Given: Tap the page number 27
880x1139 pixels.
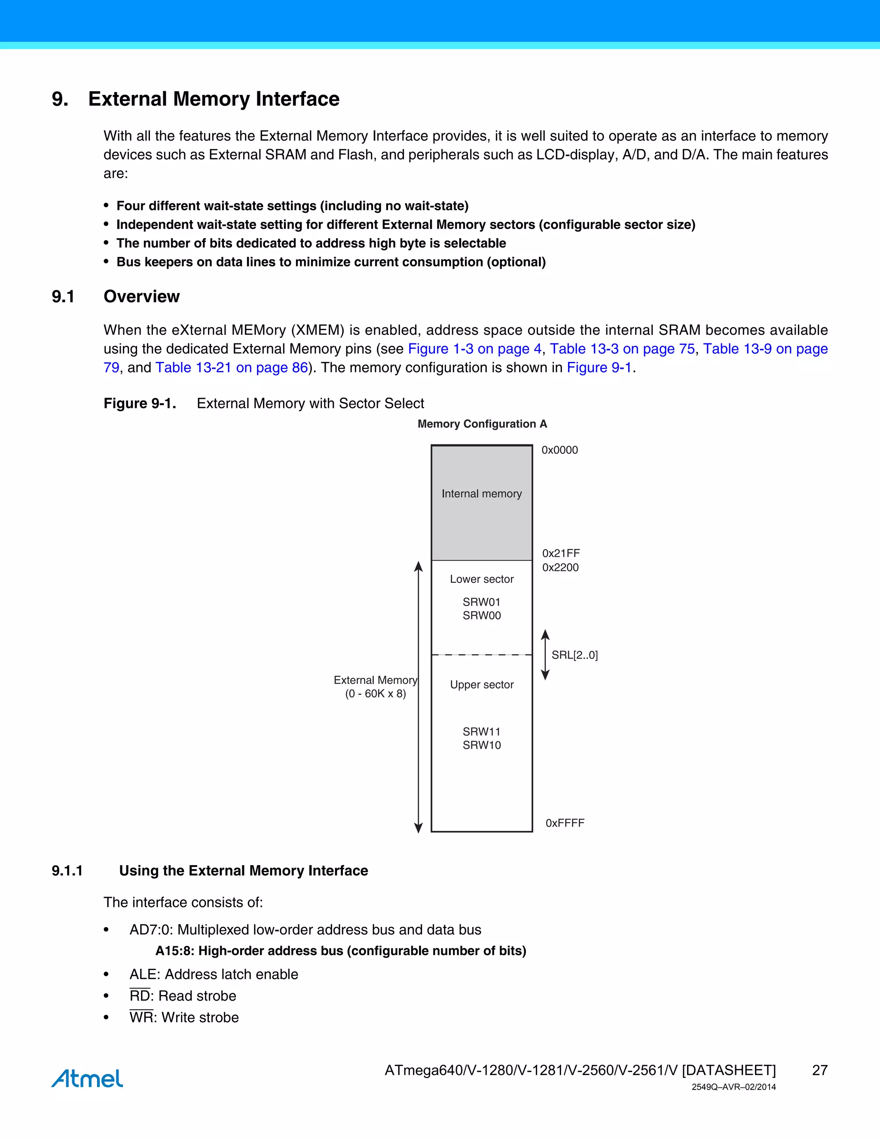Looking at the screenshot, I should point(819,1070).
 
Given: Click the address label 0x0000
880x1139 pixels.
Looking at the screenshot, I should point(559,450).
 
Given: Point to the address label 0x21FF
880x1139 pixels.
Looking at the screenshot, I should point(560,553).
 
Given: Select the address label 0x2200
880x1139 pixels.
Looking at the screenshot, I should point(560,567).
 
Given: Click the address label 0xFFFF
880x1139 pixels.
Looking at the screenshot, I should point(565,823).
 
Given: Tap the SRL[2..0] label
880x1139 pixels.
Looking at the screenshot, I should point(574,655).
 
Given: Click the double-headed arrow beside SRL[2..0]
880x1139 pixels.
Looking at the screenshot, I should point(545,655).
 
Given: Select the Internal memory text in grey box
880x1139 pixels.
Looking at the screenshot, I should point(481,494).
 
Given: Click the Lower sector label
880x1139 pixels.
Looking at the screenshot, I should point(481,579).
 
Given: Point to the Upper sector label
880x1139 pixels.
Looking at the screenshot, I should point(481,685).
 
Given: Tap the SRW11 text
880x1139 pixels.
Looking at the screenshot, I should point(481,732).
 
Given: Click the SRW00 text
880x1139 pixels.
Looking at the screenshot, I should point(481,616).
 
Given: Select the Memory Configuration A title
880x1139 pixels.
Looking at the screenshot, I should point(482,424).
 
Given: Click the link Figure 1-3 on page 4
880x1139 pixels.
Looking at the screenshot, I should point(474,349).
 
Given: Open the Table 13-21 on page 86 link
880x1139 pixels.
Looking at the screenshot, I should point(232,367).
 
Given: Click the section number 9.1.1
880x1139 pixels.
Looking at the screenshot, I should point(67,870).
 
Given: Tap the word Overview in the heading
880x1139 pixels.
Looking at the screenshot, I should point(141,296).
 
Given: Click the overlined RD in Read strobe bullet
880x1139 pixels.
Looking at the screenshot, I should point(139,996).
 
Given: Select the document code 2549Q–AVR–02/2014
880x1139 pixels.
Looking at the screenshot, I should point(733,1087).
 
